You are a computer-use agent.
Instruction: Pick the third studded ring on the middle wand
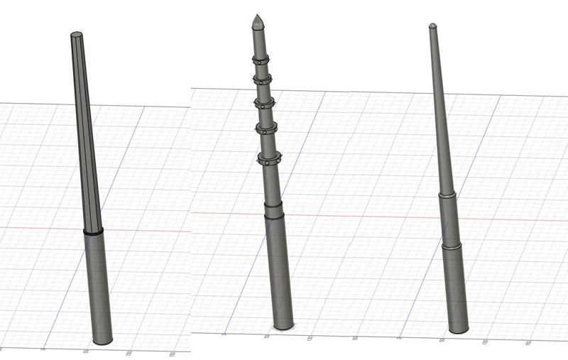click(264, 102)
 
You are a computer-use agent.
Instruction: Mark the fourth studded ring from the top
click(267, 129)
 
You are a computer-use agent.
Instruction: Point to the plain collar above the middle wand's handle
click(274, 209)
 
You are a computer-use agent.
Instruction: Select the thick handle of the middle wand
click(279, 270)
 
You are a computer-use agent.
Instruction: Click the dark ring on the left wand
click(93, 232)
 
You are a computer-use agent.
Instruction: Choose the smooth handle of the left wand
click(99, 284)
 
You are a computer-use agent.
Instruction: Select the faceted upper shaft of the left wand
click(84, 135)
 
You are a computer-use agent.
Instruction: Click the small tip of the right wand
click(432, 26)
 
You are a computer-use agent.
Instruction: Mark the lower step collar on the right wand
click(452, 247)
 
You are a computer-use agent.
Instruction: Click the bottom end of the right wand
click(459, 328)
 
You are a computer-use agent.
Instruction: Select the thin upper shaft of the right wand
click(439, 107)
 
